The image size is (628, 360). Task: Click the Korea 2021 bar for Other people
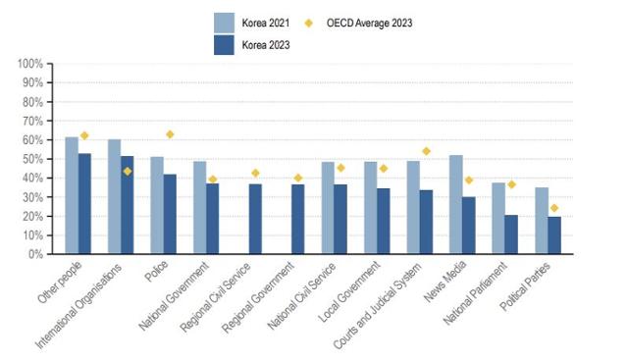[x=72, y=195]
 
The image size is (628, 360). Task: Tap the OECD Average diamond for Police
[x=171, y=134]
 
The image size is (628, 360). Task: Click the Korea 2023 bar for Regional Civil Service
[x=255, y=219]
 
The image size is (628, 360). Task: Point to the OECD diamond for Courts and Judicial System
[x=427, y=151]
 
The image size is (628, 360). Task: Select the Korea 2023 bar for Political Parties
[x=555, y=234]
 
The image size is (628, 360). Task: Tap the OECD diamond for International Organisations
[x=128, y=171]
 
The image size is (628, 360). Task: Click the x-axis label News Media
[x=453, y=283]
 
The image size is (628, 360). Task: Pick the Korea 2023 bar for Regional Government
[x=298, y=219]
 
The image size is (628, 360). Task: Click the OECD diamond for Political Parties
[x=554, y=208]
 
